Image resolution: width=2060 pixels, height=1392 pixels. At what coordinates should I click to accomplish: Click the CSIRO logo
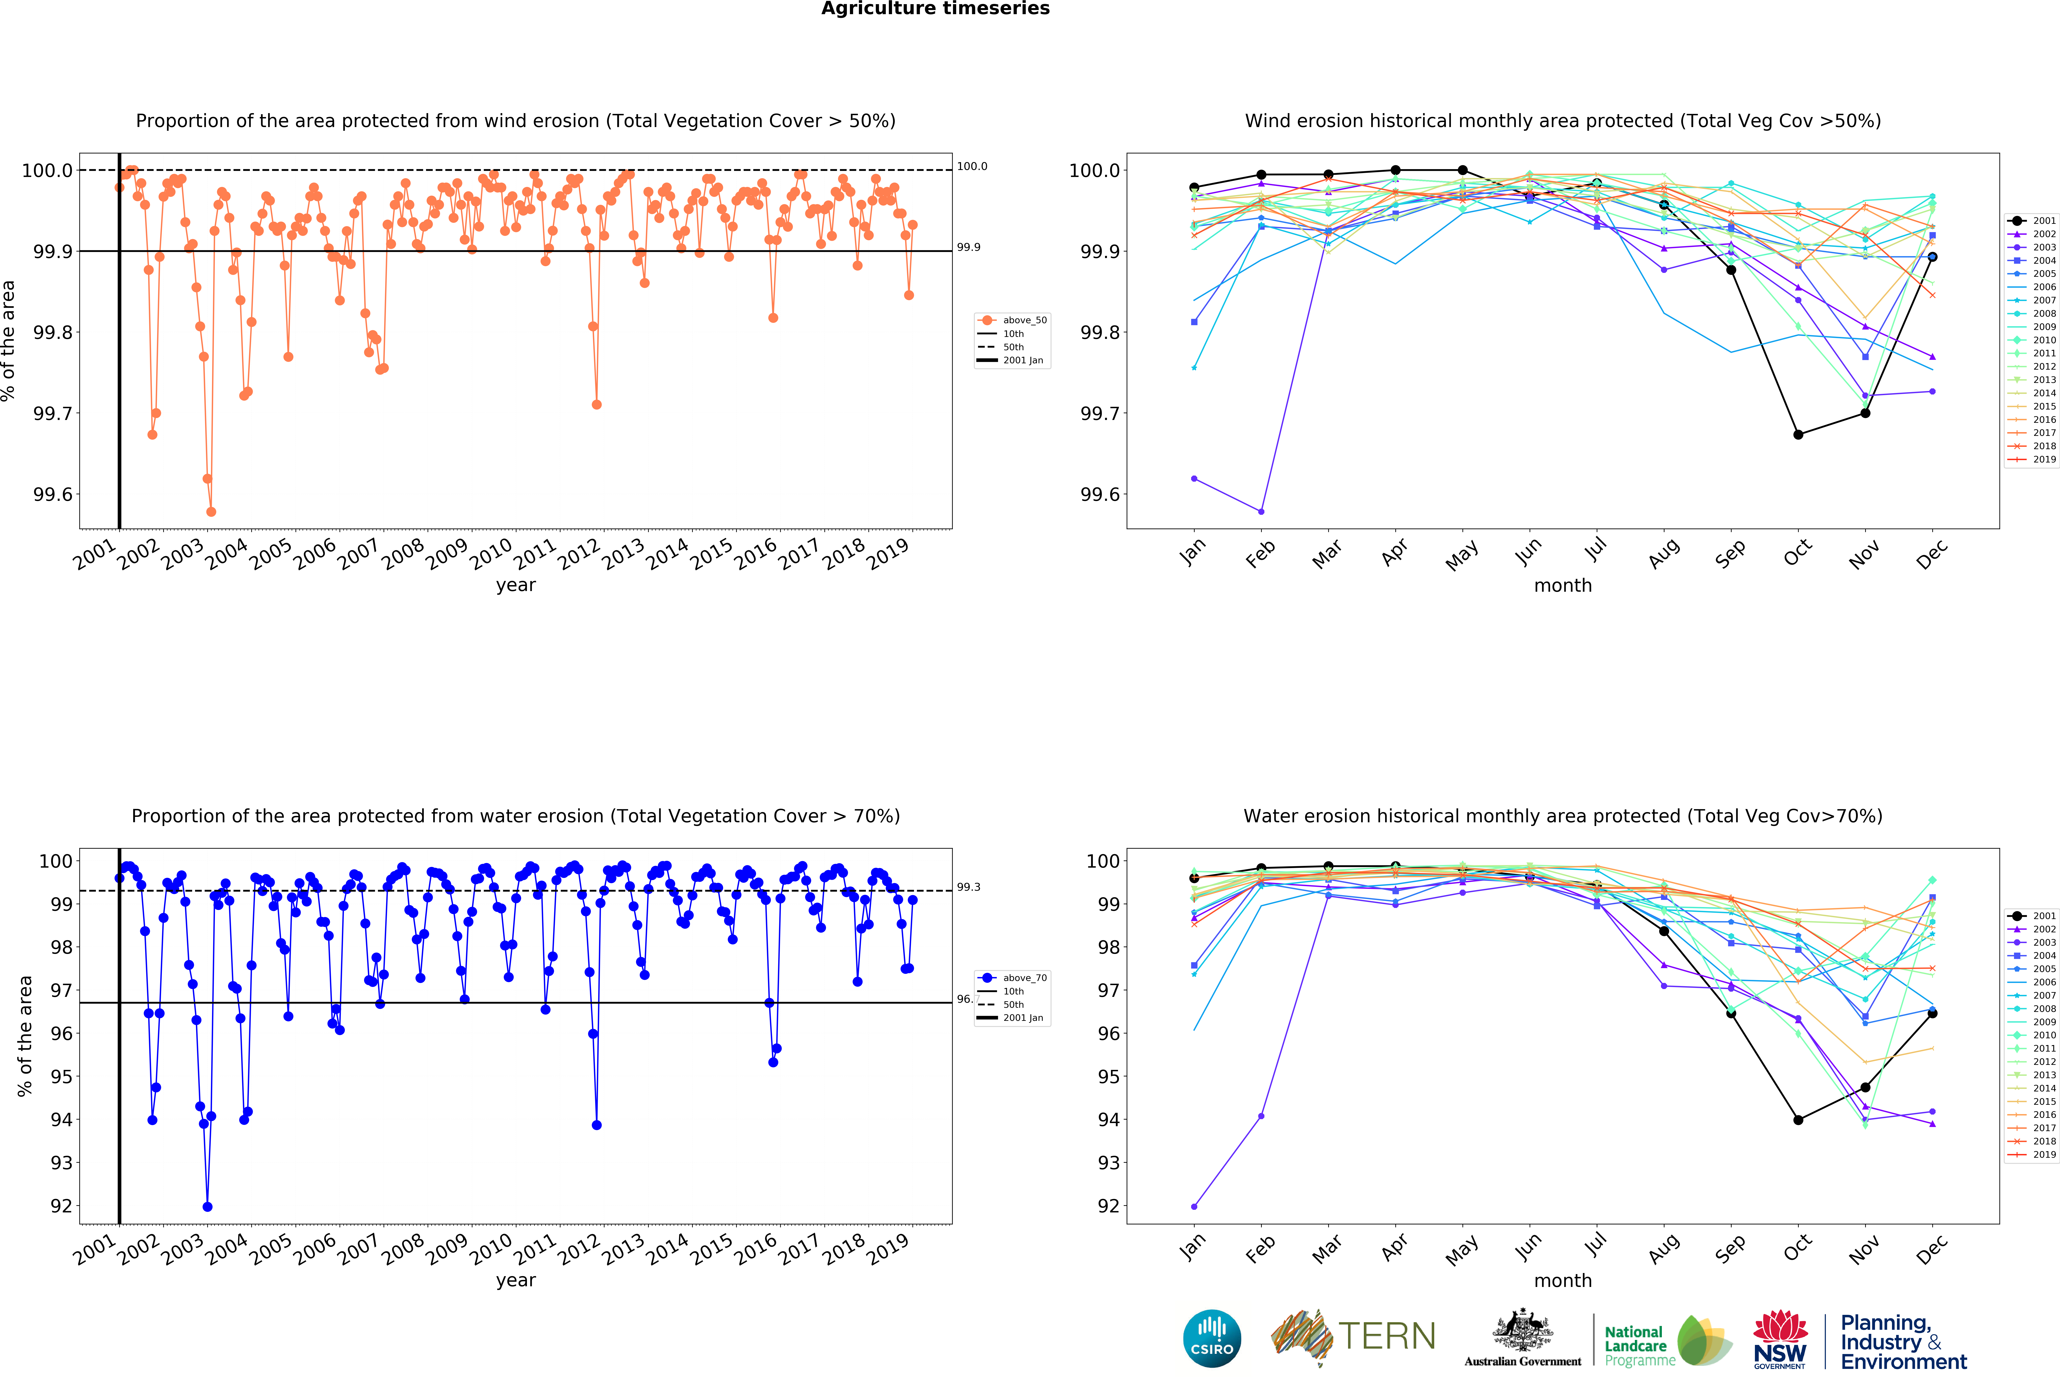coord(1212,1338)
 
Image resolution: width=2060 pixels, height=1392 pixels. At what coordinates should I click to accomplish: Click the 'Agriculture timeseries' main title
coord(935,9)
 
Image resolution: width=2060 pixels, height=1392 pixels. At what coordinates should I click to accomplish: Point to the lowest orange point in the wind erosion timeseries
coord(211,512)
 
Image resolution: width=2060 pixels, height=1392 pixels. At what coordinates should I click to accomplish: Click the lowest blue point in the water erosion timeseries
coord(207,1207)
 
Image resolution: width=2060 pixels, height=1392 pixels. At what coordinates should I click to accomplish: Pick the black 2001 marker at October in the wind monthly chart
coord(1798,434)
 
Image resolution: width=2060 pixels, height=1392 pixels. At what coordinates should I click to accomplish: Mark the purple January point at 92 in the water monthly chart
coord(1194,1207)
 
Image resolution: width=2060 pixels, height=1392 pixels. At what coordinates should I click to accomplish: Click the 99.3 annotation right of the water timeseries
coord(968,887)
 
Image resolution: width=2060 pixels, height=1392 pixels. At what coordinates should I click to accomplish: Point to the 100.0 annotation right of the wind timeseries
coord(971,167)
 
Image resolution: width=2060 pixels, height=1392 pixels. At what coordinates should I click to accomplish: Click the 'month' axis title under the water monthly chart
coord(1563,1280)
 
